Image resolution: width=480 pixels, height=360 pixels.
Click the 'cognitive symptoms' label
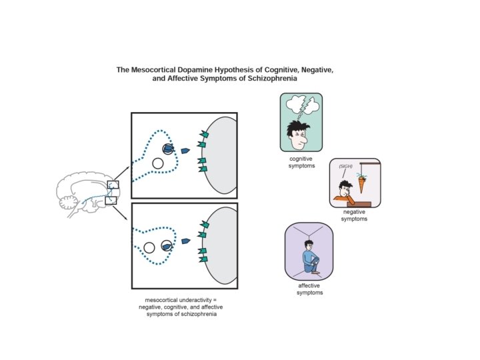click(x=301, y=161)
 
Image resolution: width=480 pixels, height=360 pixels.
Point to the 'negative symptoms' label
click(x=354, y=215)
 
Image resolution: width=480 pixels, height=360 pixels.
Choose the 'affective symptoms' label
click(x=309, y=289)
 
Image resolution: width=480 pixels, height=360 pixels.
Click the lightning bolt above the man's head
click(x=305, y=108)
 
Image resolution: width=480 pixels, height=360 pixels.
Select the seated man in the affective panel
click(x=311, y=258)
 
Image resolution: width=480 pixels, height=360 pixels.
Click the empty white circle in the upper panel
click(x=158, y=163)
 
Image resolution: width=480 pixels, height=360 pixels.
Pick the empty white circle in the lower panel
click(x=149, y=247)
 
